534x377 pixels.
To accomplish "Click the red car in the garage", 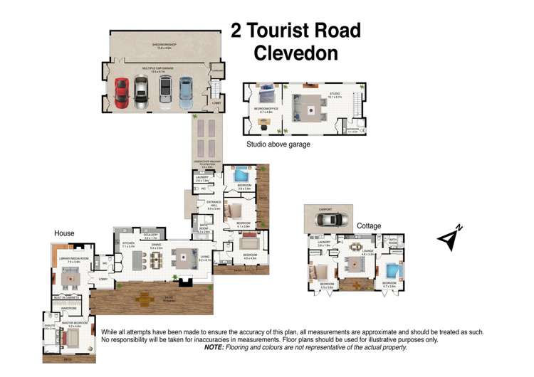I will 121,92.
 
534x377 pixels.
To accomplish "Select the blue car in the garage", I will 186,92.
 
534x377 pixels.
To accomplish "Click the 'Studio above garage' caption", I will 278,144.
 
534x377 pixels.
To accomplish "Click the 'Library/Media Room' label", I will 73,258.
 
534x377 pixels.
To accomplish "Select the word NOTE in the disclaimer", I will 214,347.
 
